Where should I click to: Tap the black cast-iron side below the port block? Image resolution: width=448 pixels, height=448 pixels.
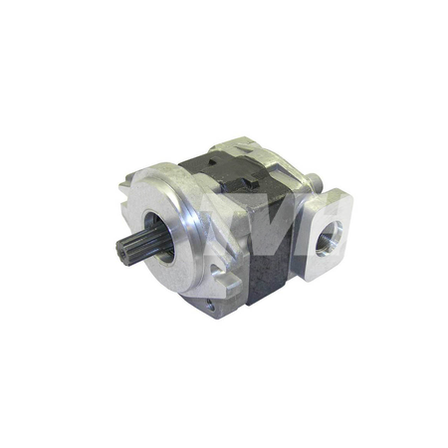click(x=274, y=269)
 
